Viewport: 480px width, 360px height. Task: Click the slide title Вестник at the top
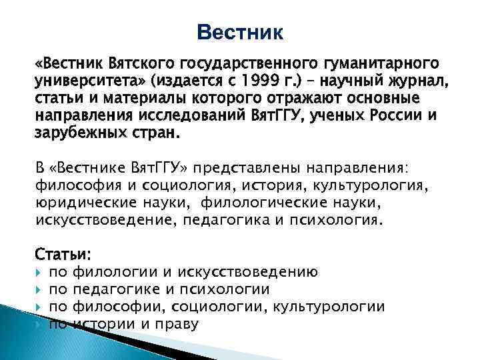240,31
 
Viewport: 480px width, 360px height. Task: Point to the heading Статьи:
63,255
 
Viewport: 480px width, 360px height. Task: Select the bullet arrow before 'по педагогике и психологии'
39,290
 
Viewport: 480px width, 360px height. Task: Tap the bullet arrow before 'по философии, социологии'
39,307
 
